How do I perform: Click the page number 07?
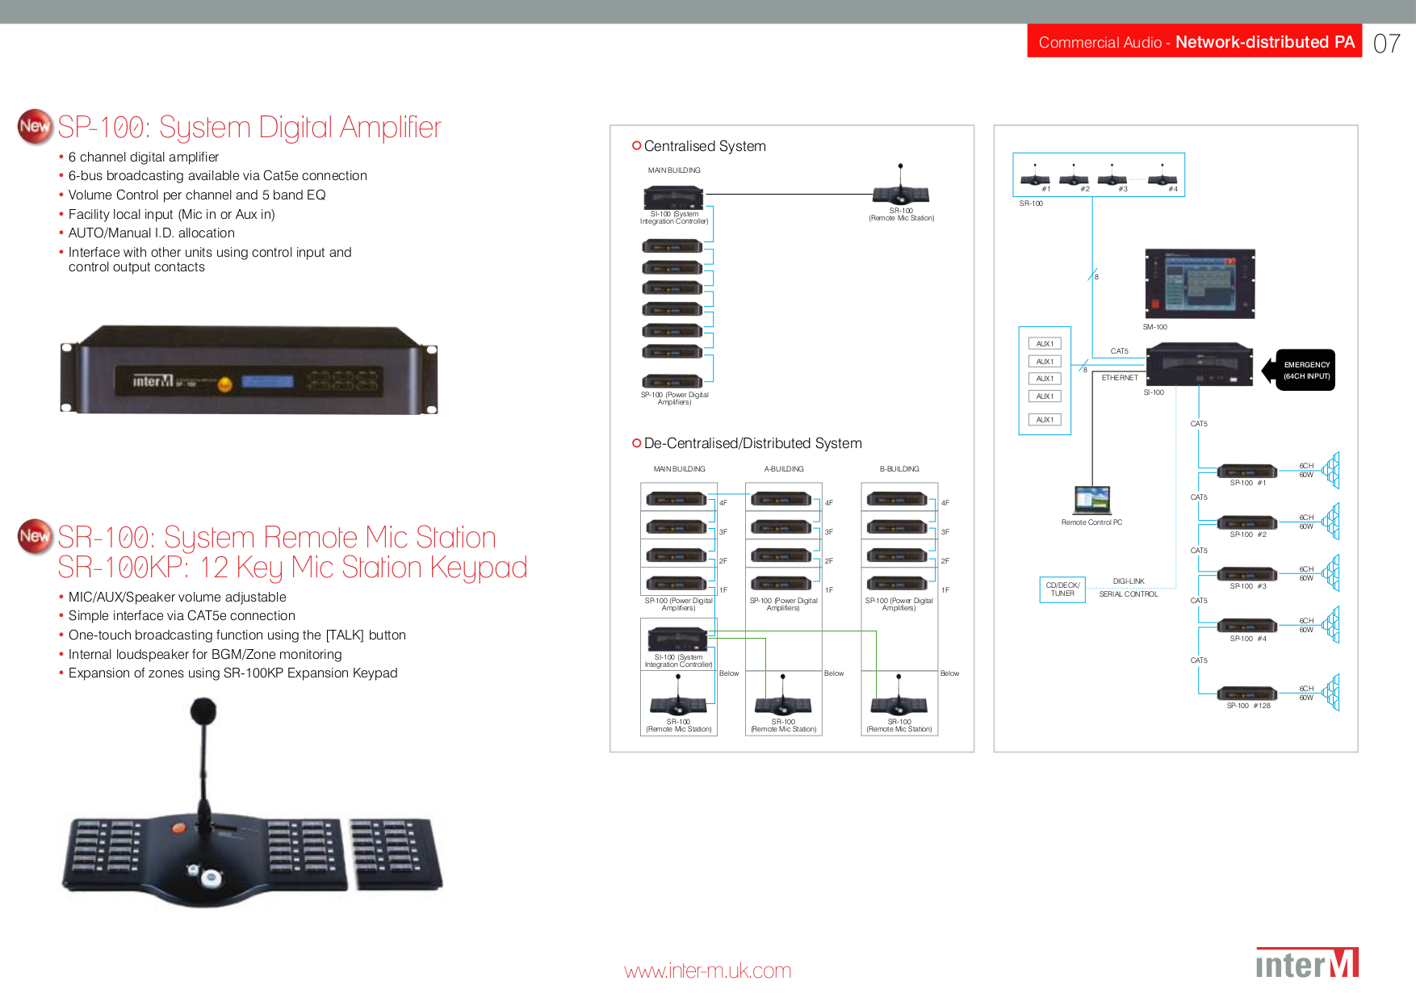click(1386, 44)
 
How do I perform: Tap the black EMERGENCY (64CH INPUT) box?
click(1306, 371)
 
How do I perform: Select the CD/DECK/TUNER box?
click(1062, 589)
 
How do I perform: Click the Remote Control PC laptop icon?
click(1092, 500)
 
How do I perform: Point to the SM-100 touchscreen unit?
click(1200, 283)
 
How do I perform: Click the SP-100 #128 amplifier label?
click(1248, 706)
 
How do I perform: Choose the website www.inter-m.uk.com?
click(707, 971)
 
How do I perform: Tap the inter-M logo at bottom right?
click(1307, 963)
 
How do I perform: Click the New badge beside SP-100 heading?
click(35, 127)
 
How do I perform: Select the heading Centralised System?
click(704, 146)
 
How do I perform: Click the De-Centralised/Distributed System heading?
click(752, 443)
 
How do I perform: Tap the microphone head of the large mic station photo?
click(203, 711)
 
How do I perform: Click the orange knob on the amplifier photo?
click(225, 384)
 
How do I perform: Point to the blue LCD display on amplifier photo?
click(267, 381)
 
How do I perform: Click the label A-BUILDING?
click(784, 469)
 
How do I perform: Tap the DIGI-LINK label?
click(1129, 581)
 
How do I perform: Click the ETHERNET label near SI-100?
click(1120, 378)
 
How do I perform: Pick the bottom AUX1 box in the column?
click(1045, 420)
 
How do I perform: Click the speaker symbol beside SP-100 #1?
click(1331, 470)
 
